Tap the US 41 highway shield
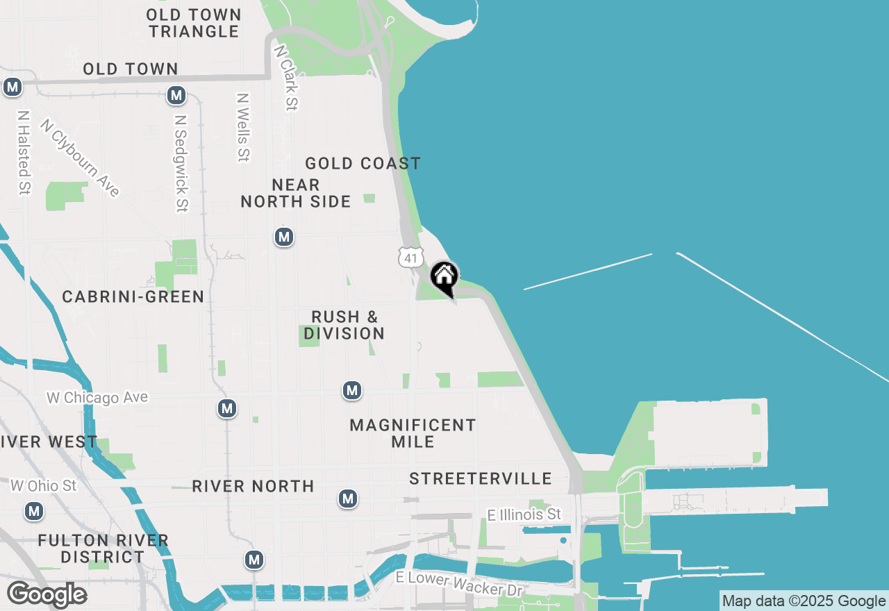[x=410, y=258]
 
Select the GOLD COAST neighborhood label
[x=363, y=164]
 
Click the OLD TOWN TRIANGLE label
[x=194, y=23]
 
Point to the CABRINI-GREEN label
[x=133, y=297]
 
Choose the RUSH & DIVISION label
[x=344, y=325]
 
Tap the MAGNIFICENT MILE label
[x=413, y=433]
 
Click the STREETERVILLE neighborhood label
[x=481, y=478]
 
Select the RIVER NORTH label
[x=253, y=486]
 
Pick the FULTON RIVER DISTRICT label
[x=103, y=549]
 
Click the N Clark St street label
[x=286, y=78]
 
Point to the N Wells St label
[x=242, y=128]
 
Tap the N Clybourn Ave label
[x=81, y=158]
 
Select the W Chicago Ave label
[x=97, y=398]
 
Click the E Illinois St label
[x=524, y=514]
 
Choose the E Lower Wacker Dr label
[x=459, y=584]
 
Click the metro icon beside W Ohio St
[x=33, y=512]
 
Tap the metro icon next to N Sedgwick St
[x=176, y=95]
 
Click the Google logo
[x=47, y=595]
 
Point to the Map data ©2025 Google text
[x=804, y=601]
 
